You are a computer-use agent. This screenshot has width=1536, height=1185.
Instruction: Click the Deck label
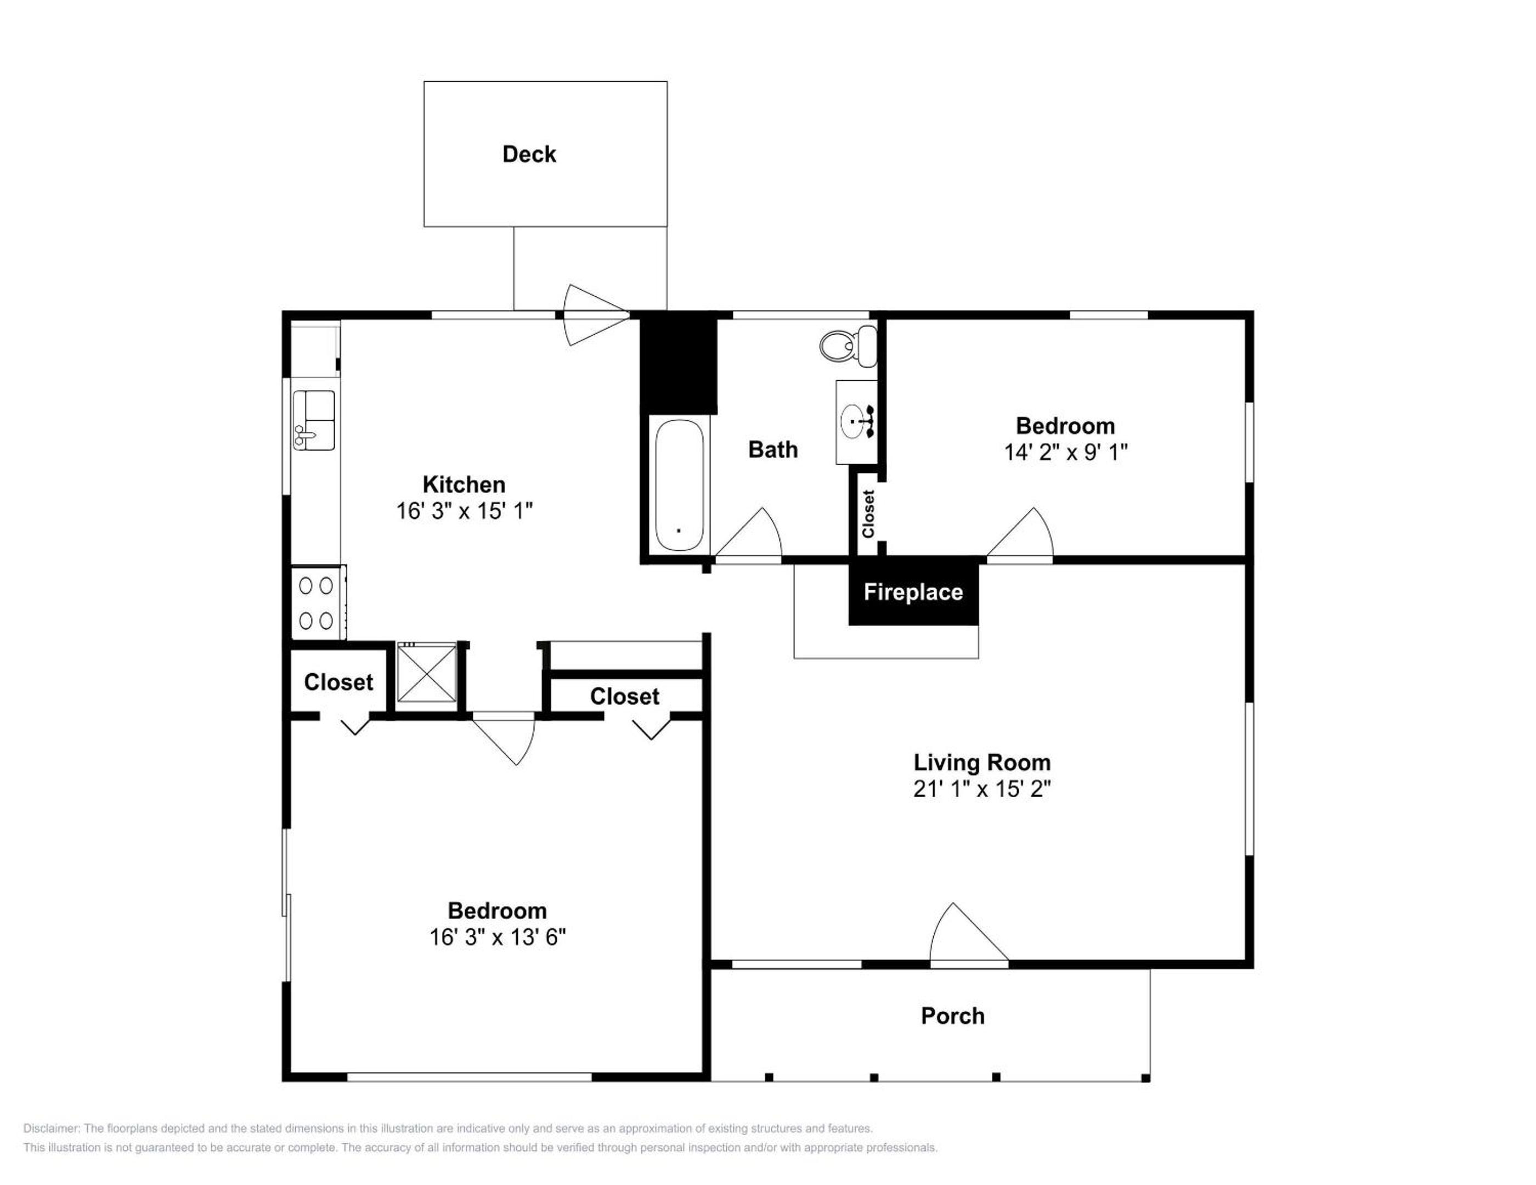pyautogui.click(x=529, y=154)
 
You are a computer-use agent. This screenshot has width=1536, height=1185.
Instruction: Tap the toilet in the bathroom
pyautogui.click(x=849, y=345)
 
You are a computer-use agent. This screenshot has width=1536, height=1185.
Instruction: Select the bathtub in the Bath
pyautogui.click(x=679, y=486)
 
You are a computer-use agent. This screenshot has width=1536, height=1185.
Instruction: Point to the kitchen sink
pyautogui.click(x=314, y=421)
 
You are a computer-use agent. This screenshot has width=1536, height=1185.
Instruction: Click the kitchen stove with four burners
pyautogui.click(x=318, y=603)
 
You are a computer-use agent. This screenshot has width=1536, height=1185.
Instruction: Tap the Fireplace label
pyautogui.click(x=913, y=592)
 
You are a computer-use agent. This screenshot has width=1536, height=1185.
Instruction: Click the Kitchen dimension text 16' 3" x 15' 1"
pyautogui.click(x=464, y=511)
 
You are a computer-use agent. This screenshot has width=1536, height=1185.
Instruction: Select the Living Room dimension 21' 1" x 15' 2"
pyautogui.click(x=982, y=788)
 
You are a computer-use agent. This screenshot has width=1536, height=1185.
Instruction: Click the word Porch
pyautogui.click(x=952, y=1015)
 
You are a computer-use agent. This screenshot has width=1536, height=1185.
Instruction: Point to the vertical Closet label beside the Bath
pyautogui.click(x=868, y=514)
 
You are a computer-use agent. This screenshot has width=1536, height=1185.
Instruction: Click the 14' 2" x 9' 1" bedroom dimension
pyautogui.click(x=1065, y=452)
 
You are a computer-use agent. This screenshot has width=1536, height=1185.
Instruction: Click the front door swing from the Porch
pyautogui.click(x=969, y=932)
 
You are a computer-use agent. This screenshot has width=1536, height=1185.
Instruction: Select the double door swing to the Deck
pyautogui.click(x=595, y=314)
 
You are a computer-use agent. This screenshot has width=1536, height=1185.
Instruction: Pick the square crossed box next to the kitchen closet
pyautogui.click(x=427, y=672)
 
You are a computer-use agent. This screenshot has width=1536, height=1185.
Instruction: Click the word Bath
pyautogui.click(x=773, y=449)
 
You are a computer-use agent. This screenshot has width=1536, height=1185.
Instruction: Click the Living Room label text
pyautogui.click(x=982, y=763)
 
